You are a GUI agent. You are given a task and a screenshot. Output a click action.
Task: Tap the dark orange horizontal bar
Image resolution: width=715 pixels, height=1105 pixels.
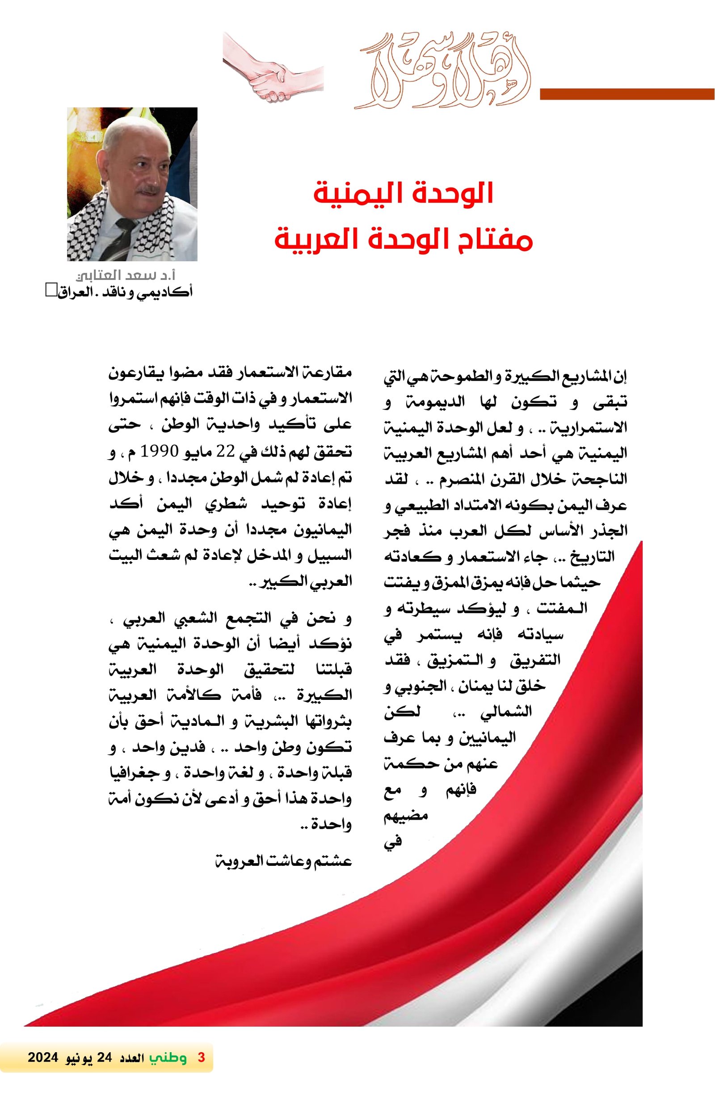627,94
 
